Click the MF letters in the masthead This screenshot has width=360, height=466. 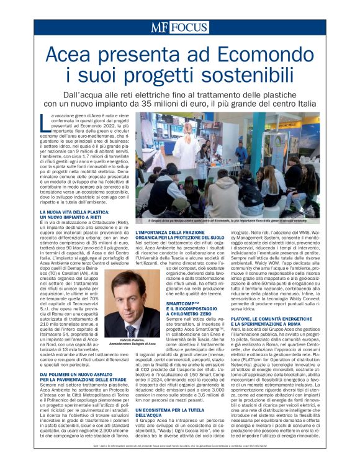point(160,27)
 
